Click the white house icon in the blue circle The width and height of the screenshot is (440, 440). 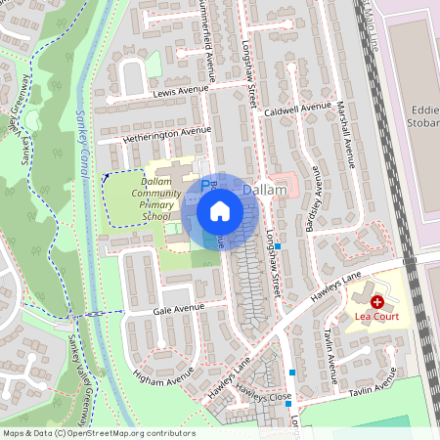pyautogui.click(x=219, y=211)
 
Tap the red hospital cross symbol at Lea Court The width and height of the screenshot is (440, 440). pyautogui.click(x=377, y=303)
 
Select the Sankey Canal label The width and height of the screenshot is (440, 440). pyautogui.click(x=85, y=137)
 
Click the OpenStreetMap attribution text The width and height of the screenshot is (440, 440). pyautogui.click(x=99, y=432)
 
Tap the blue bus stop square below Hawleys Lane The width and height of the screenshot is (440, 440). pyautogui.click(x=292, y=373)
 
